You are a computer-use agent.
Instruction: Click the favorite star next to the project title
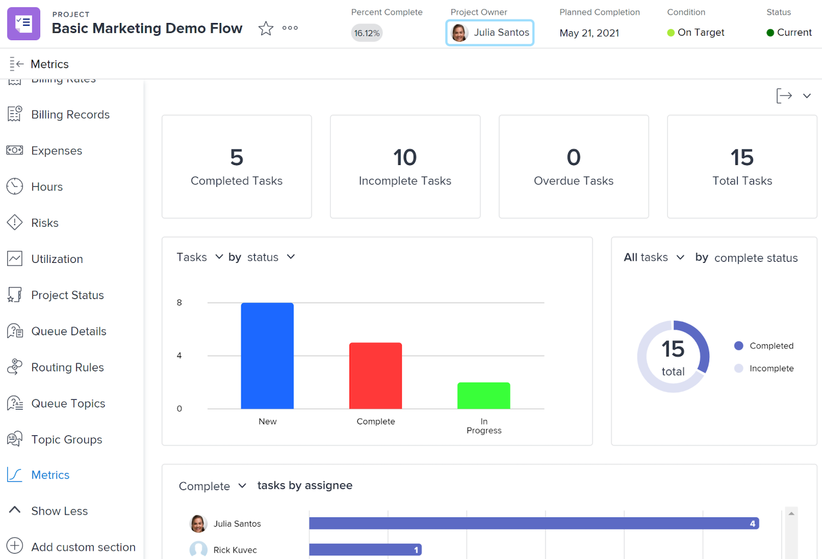266,28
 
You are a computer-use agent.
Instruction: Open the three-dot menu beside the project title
290,28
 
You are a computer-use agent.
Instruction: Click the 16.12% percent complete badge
367,33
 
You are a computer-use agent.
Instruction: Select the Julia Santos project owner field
490,33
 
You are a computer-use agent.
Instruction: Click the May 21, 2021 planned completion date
589,33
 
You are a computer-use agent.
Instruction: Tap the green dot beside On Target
671,33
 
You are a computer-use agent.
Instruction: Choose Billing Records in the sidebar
70,114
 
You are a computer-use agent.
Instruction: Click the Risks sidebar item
44,223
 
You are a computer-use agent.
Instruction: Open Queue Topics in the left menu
68,404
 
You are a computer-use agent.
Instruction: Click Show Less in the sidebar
59,511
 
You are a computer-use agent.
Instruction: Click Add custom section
83,547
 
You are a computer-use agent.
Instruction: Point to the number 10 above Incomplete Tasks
405,158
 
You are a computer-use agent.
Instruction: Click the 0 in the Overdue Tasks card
573,158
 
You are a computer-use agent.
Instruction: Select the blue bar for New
267,356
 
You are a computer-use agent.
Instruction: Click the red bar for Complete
375,376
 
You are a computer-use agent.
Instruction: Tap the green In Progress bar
484,395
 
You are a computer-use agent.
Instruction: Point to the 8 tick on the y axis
179,303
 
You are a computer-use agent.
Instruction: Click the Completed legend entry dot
739,345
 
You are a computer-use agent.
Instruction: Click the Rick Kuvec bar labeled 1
365,550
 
